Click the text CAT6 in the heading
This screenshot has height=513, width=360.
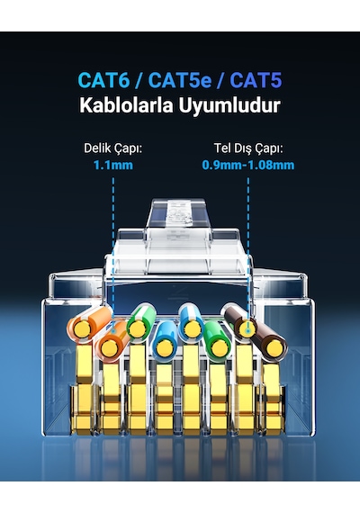click(103, 80)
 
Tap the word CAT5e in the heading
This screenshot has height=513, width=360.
click(180, 80)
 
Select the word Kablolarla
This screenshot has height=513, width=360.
click(126, 105)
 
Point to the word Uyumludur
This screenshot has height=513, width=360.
click(229, 105)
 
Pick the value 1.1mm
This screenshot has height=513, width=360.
click(112, 165)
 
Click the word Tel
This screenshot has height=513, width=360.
click(222, 148)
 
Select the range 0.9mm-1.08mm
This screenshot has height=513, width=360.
click(248, 165)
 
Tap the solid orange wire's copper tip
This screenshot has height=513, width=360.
click(109, 347)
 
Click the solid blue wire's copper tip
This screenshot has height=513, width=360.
click(163, 347)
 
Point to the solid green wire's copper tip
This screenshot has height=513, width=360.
click(217, 347)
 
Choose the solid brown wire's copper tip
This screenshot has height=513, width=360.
click(274, 347)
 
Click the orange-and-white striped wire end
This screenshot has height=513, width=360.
click(81, 328)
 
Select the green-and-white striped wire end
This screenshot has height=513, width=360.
click(137, 328)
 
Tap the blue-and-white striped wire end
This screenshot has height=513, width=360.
click(192, 328)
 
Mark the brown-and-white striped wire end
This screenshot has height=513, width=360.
click(247, 328)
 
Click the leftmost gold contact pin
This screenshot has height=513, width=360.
click(84, 390)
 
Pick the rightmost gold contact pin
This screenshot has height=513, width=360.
click(273, 399)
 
